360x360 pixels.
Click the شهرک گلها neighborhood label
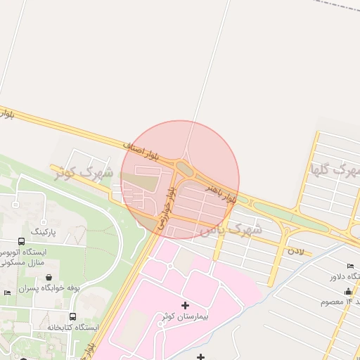(335, 169)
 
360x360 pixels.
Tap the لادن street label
(295, 250)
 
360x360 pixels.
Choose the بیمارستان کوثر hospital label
(184, 318)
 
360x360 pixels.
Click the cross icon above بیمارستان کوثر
(185, 305)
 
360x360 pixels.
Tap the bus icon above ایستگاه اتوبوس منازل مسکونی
(22, 240)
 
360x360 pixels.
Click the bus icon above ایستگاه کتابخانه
(73, 316)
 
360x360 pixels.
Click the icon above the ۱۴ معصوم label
(349, 290)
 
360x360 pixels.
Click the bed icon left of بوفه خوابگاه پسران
(7, 292)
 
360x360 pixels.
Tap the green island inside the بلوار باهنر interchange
(185, 169)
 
